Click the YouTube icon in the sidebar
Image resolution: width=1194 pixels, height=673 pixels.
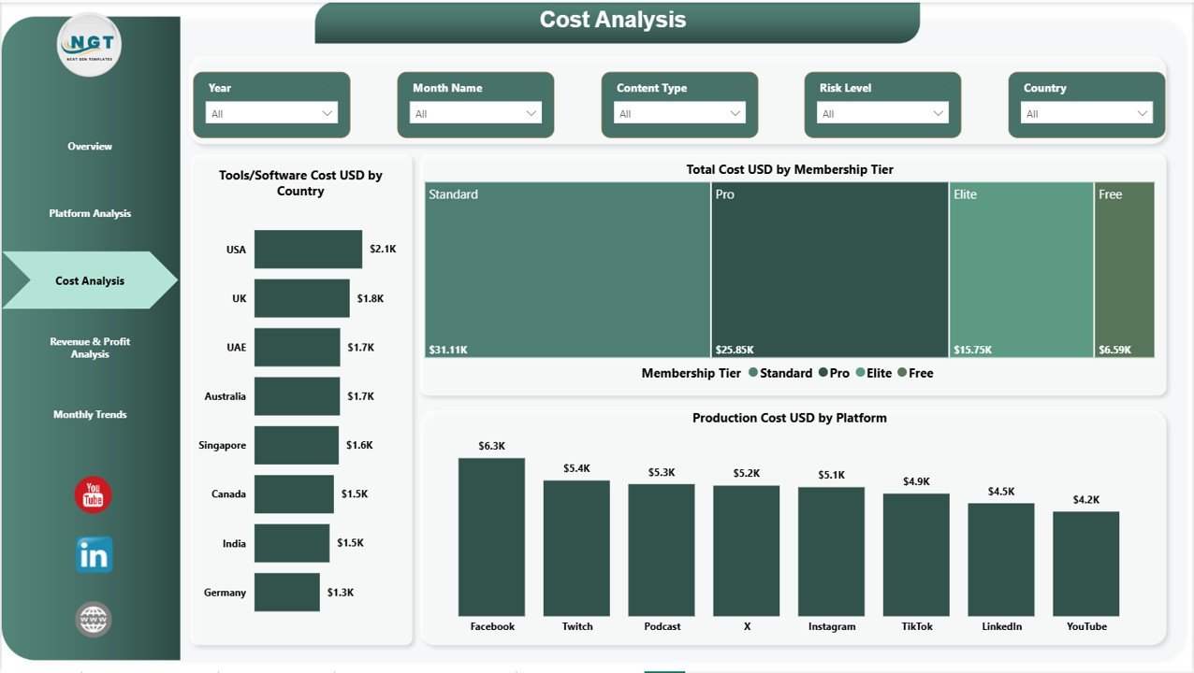pyautogui.click(x=93, y=494)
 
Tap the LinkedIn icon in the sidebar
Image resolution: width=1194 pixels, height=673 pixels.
pyautogui.click(x=94, y=554)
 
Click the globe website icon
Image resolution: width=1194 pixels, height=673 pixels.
pyautogui.click(x=94, y=619)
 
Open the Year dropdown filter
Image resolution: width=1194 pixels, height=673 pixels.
pyautogui.click(x=271, y=113)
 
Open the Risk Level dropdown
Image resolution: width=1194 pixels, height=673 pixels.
pyautogui.click(x=881, y=113)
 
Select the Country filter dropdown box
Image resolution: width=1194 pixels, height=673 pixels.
pyautogui.click(x=1085, y=113)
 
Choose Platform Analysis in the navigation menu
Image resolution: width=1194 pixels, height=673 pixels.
pyautogui.click(x=90, y=213)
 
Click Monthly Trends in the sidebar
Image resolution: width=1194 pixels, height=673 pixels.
pyautogui.click(x=90, y=414)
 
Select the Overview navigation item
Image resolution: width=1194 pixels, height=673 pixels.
pyautogui.click(x=90, y=147)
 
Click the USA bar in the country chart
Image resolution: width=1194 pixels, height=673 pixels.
pyautogui.click(x=308, y=250)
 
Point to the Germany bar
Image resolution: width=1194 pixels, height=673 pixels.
pyautogui.click(x=286, y=593)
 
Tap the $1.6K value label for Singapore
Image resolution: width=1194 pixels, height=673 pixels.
pyautogui.click(x=359, y=445)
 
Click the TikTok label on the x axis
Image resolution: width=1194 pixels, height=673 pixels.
pyautogui.click(x=916, y=626)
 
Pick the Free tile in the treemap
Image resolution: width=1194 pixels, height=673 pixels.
pyautogui.click(x=1124, y=269)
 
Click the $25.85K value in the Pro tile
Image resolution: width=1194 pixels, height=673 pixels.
pyautogui.click(x=735, y=350)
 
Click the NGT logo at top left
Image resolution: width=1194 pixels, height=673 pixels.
pyautogui.click(x=90, y=45)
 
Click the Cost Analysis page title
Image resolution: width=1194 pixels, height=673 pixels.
pyautogui.click(x=613, y=21)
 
